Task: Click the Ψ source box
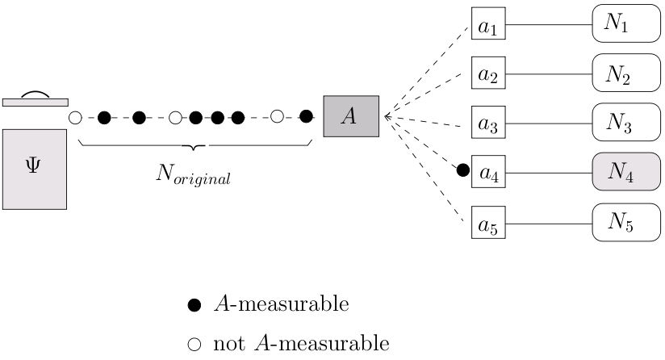click(34, 170)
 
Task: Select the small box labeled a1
click(487, 27)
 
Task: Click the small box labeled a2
click(487, 75)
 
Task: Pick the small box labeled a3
click(487, 124)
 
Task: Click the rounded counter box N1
click(625, 27)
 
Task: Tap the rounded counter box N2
click(625, 75)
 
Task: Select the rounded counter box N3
click(625, 124)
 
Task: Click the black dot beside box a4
click(462, 170)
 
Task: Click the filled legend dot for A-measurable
click(194, 305)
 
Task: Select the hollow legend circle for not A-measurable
click(194, 345)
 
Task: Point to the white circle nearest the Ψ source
click(75, 118)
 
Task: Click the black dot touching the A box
click(306, 116)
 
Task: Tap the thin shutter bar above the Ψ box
click(34, 103)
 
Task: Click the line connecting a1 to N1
click(547, 25)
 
